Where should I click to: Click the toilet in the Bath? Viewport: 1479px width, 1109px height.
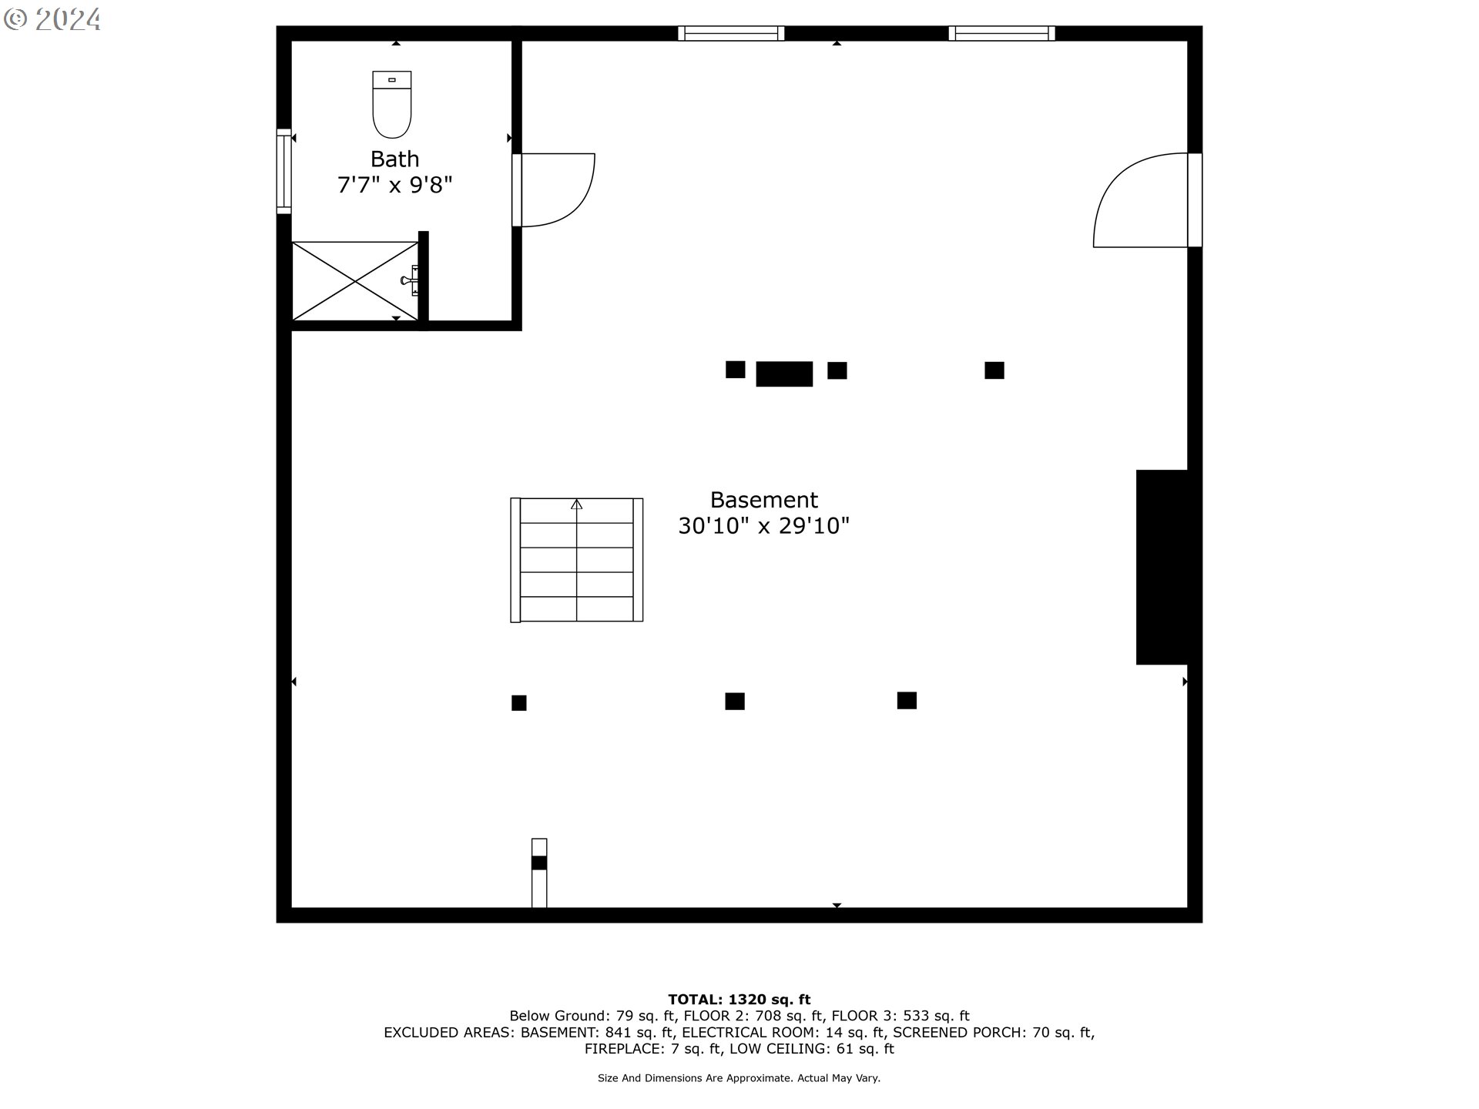coord(391,104)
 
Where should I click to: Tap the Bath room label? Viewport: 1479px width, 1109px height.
coord(394,159)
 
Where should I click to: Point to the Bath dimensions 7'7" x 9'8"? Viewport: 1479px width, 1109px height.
coord(394,186)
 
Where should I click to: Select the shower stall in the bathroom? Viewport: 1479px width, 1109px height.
coord(355,281)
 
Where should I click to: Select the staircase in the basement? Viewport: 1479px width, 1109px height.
coord(576,560)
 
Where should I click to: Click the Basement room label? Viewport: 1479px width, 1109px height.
coord(763,501)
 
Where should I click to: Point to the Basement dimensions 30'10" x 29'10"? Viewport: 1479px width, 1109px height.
coord(763,526)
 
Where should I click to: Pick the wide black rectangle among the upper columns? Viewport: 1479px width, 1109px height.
coord(784,374)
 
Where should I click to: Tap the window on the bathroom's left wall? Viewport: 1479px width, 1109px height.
coord(284,171)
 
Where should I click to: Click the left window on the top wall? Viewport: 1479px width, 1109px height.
coord(731,33)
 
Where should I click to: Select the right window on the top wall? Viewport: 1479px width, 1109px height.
coord(1001,33)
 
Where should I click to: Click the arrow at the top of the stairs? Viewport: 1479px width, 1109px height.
coord(576,504)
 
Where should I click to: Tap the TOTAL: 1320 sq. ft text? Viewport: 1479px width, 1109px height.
coord(739,1000)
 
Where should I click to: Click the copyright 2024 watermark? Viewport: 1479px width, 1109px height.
coord(52,19)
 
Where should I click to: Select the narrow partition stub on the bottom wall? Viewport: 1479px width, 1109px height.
coord(539,873)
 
